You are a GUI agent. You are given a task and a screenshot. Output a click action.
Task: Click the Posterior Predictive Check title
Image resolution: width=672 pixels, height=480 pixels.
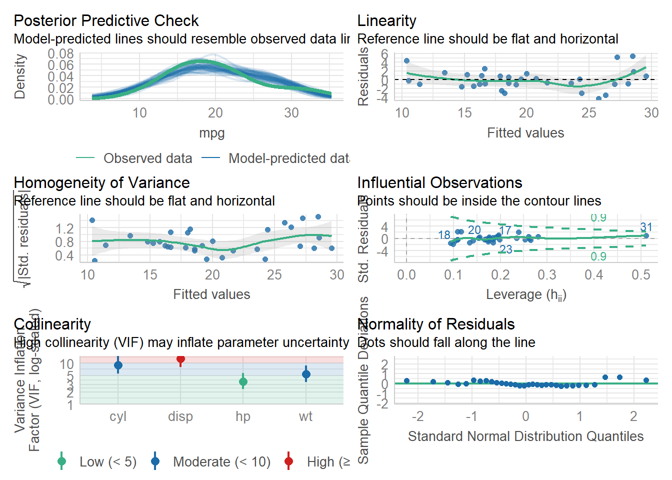(106, 21)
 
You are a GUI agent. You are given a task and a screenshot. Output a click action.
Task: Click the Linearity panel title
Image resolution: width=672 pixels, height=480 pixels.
(386, 21)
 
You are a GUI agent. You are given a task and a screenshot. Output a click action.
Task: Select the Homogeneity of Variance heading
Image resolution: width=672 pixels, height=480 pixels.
(101, 183)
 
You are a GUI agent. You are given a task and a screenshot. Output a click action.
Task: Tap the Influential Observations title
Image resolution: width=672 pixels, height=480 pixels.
(439, 183)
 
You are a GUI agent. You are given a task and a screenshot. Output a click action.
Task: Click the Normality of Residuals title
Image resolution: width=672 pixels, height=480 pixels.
(436, 324)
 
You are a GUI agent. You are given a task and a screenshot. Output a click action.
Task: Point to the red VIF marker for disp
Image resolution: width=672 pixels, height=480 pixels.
(180, 358)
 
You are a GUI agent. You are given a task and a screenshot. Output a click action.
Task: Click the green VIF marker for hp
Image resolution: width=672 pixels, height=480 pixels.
(243, 382)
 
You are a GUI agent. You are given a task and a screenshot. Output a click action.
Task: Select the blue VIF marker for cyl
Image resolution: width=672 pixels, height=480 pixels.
(118, 365)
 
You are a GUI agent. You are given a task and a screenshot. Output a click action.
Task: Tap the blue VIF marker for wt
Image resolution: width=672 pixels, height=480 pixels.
(306, 374)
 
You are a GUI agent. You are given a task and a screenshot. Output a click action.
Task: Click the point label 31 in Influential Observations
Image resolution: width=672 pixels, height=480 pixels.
(646, 227)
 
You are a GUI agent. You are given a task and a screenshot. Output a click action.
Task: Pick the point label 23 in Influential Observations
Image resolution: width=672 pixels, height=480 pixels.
(506, 249)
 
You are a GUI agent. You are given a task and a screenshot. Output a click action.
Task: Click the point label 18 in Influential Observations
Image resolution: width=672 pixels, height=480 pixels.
(444, 235)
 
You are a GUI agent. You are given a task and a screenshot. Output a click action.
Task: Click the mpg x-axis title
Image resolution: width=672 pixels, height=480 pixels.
(211, 133)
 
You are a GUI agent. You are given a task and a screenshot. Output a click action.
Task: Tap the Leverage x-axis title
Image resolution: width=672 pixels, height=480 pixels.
(525, 295)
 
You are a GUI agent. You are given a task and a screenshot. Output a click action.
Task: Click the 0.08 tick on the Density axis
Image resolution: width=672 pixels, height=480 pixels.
(60, 53)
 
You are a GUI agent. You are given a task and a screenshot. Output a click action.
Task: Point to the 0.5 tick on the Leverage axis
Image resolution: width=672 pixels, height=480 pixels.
(640, 275)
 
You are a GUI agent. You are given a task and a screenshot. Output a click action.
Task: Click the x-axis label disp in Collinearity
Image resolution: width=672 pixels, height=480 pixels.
(180, 416)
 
